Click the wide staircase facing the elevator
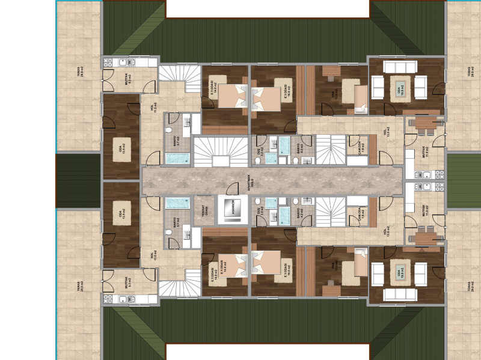pos(221,151)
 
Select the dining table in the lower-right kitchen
pos(425,238)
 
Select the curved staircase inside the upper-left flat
pos(179,79)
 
